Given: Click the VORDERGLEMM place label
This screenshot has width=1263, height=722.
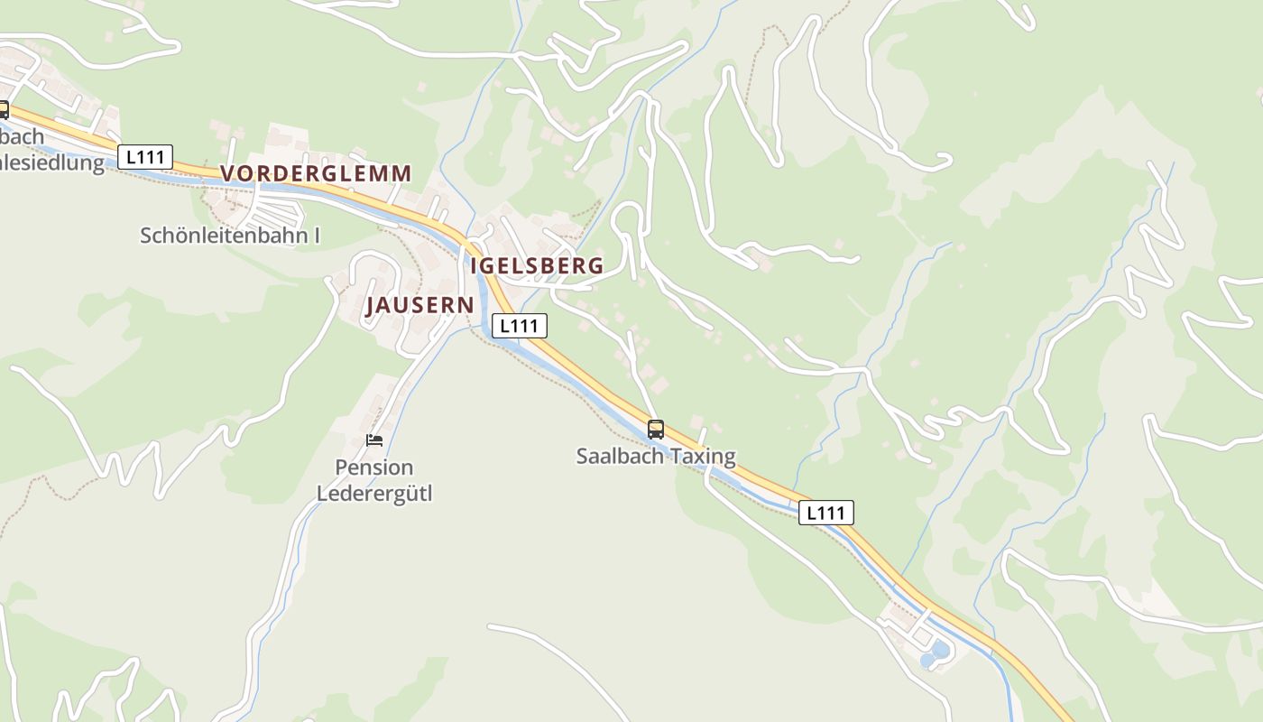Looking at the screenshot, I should (316, 173).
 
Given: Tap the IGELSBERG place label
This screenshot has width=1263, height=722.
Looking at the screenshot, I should (537, 266).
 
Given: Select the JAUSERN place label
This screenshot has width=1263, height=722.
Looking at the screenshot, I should (419, 305).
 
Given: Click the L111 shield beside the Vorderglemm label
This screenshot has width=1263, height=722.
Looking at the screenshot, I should (145, 157).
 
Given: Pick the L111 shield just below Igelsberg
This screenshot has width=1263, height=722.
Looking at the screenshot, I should (520, 326).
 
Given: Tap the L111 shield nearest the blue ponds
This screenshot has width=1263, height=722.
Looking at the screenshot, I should (825, 514).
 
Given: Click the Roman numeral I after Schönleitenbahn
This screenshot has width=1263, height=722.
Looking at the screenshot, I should (317, 236).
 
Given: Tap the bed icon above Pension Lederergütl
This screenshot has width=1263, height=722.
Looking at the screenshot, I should (374, 440).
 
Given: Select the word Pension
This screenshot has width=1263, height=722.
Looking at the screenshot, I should (374, 467).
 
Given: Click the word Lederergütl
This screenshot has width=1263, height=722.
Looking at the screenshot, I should (374, 495).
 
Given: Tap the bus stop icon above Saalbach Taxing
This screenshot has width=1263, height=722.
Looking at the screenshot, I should (656, 429).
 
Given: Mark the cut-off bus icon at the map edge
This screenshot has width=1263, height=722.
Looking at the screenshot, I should (4, 110).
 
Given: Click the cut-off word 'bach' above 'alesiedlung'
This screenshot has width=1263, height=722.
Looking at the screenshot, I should (22, 137).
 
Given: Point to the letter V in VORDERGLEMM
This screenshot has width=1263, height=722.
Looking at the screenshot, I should (227, 173).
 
